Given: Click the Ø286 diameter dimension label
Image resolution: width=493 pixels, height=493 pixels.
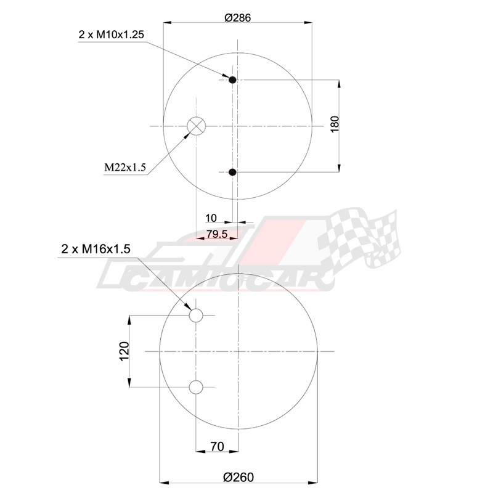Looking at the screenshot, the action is tap(238, 18).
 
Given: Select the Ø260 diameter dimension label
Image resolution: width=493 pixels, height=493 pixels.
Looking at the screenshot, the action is tap(238, 477).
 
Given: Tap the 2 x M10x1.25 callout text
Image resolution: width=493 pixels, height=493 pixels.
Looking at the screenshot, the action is tap(112, 35).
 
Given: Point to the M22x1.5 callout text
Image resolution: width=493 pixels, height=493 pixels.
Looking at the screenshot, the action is tap(125, 167).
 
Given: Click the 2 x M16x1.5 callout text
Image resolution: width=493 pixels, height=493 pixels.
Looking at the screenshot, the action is tap(96, 250).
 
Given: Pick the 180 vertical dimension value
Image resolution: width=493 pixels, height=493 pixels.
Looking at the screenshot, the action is tap(335, 124).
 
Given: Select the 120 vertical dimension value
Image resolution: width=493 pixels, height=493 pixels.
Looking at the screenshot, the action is tap(124, 351).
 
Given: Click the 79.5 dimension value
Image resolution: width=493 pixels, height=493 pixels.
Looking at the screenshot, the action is tap(217, 234).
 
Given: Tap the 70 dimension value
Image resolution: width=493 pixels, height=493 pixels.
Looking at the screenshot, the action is tap(217, 446).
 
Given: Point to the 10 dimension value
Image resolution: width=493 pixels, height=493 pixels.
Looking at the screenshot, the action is tap(211, 218).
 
